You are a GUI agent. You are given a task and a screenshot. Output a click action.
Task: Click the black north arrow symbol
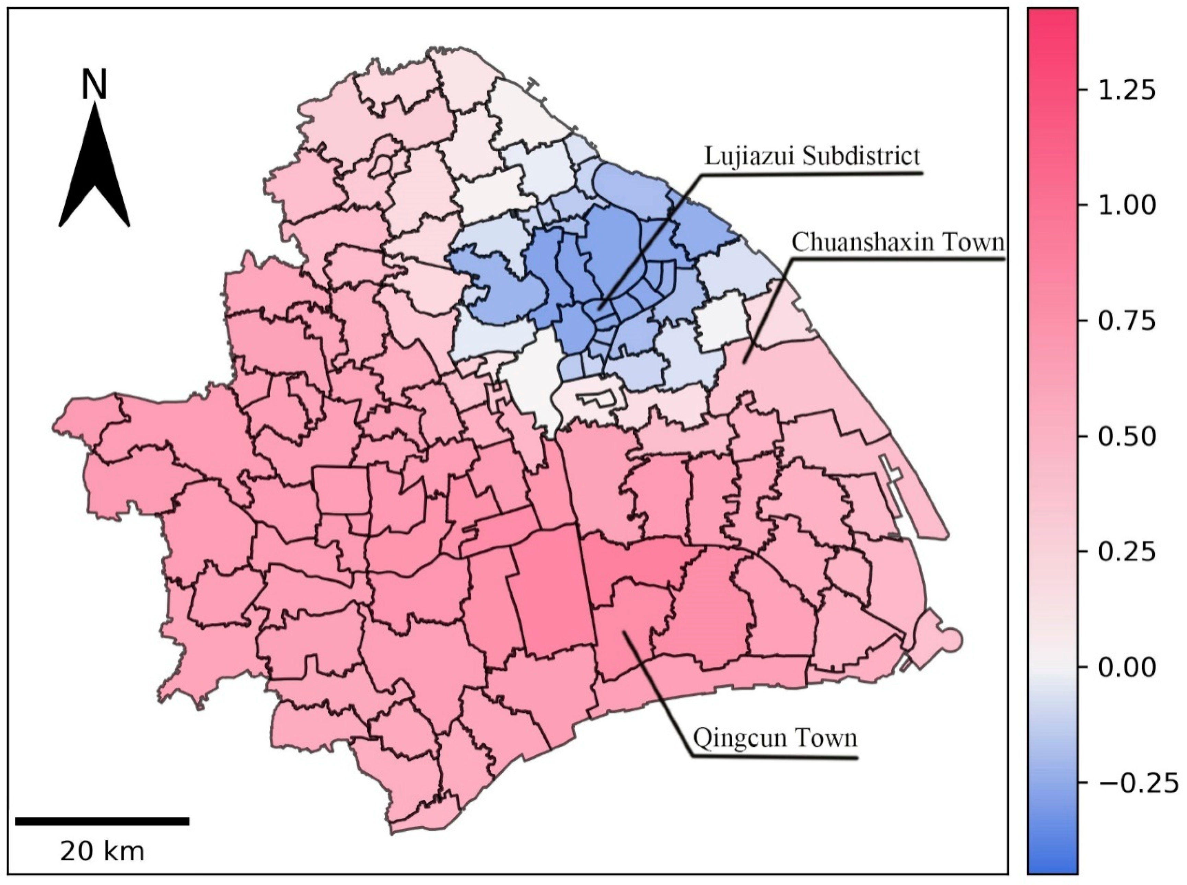[x=95, y=172]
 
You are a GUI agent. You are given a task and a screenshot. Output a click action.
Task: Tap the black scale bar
[x=102, y=821]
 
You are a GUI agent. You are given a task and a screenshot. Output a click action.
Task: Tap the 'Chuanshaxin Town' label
[x=898, y=242]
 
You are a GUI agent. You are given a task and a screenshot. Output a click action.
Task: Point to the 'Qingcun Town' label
[x=775, y=738]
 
